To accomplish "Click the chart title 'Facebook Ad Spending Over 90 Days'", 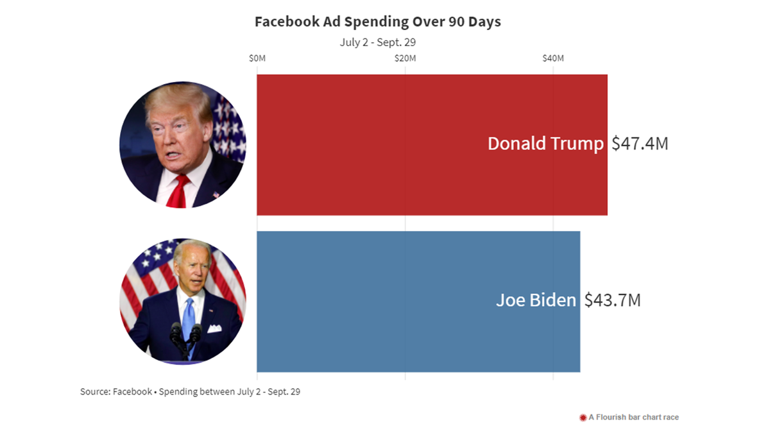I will coord(377,22).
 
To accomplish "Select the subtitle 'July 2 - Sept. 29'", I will coord(379,42).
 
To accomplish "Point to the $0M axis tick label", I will coord(257,58).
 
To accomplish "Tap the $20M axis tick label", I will coord(405,58).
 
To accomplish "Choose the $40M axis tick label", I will coord(553,58).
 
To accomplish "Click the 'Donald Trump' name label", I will coord(545,144).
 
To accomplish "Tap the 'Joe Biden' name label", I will coord(536,300).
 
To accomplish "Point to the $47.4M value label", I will coord(640,144).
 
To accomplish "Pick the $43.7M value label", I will coord(612,300).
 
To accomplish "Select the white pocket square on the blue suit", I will coord(214,328).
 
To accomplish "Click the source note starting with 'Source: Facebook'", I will coord(190,391).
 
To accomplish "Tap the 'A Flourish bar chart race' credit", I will coord(633,417).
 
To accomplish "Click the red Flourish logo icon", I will coord(583,418).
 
